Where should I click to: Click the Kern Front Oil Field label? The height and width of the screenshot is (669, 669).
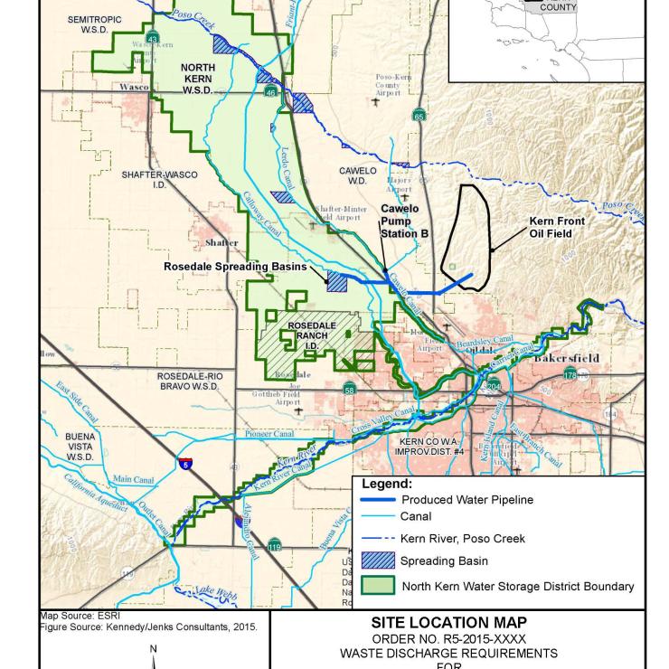[557, 227]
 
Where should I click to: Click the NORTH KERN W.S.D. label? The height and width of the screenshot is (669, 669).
[198, 79]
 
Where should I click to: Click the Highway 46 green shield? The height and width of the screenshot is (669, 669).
[270, 92]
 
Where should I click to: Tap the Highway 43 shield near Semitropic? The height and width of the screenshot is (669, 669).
[153, 40]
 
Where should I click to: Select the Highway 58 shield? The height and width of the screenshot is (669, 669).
[350, 390]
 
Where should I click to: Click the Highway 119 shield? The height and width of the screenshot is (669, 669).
[274, 545]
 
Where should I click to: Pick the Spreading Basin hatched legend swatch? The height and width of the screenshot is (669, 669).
[377, 561]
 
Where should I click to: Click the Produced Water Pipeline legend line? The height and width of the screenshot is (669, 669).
[377, 500]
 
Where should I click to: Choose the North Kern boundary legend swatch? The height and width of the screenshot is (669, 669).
[377, 586]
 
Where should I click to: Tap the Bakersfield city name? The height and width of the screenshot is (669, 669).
[566, 358]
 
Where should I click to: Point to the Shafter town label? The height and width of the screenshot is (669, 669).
[221, 242]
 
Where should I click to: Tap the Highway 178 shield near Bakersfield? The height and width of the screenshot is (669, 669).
[570, 374]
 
